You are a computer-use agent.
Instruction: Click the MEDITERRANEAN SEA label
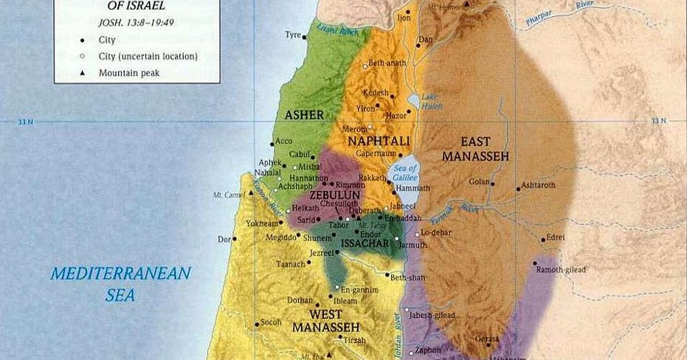point(120,283)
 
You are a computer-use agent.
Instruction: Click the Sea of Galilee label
point(407,173)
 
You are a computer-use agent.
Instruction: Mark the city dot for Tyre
point(305,35)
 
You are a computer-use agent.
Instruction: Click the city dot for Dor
point(235,239)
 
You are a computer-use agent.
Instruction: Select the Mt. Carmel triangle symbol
point(251,193)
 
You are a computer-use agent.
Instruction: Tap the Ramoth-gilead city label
point(562,270)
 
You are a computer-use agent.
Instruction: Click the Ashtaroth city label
point(538,185)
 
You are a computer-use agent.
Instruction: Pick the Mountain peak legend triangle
point(83,73)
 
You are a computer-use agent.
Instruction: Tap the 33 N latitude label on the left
point(26,121)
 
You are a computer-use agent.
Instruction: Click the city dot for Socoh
point(257,323)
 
